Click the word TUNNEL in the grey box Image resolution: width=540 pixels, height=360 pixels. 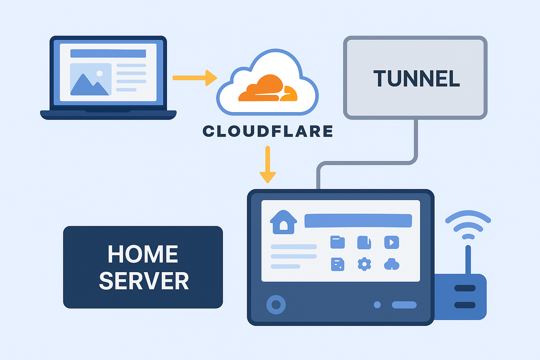[417, 78]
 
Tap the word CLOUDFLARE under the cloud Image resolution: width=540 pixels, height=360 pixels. [268, 131]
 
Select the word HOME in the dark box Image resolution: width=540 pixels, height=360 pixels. [143, 254]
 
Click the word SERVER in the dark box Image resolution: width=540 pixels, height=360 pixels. [144, 281]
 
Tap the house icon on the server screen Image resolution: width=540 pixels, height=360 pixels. [283, 222]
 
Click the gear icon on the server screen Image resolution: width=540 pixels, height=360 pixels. [364, 264]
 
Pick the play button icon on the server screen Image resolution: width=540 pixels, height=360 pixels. [391, 242]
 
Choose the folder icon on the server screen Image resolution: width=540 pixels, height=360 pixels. [337, 242]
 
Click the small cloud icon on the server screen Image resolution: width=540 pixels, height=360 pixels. [391, 264]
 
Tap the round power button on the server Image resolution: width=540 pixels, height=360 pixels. [276, 304]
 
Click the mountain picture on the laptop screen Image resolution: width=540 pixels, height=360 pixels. [91, 79]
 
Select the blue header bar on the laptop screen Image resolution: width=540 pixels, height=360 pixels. [108, 53]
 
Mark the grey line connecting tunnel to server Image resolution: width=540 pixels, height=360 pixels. [366, 163]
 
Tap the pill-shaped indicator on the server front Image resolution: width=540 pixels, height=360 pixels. [404, 305]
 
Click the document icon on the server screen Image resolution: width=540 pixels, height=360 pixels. [337, 264]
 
